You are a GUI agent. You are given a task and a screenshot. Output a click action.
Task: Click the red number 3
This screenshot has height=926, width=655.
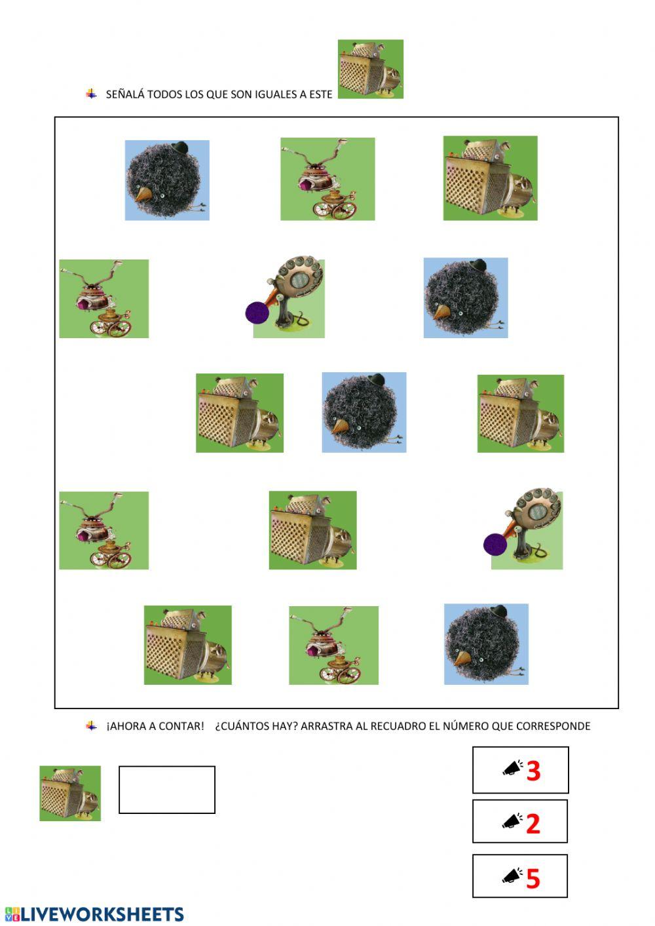[x=533, y=771]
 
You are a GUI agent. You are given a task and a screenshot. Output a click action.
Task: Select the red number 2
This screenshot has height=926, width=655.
[x=533, y=824]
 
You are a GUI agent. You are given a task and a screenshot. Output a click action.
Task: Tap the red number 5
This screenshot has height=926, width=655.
[x=533, y=879]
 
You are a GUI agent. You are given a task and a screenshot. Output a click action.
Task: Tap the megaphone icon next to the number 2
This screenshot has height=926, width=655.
[x=512, y=821]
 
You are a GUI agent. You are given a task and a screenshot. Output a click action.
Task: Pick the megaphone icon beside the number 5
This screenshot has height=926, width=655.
[x=512, y=876]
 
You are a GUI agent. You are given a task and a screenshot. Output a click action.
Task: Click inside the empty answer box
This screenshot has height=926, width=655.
[x=167, y=790]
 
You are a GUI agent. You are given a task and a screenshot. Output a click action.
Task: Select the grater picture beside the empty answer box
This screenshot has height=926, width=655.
[x=70, y=794]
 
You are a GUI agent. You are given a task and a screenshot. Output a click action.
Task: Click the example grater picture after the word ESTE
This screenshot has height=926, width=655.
[x=371, y=69]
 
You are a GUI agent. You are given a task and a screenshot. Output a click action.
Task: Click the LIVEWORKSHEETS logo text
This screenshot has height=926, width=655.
[x=102, y=914]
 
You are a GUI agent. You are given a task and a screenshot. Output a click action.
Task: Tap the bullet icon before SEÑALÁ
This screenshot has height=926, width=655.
[x=91, y=94]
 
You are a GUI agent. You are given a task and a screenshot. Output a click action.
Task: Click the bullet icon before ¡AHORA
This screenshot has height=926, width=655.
[x=91, y=725]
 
